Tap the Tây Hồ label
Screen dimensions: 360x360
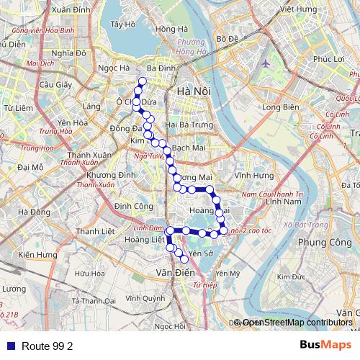click(x=124, y=24)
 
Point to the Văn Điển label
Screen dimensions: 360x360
click(x=172, y=273)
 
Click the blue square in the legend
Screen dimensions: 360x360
click(x=10, y=346)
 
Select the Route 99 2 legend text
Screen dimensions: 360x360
click(x=48, y=346)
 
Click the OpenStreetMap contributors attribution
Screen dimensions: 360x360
click(x=298, y=323)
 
